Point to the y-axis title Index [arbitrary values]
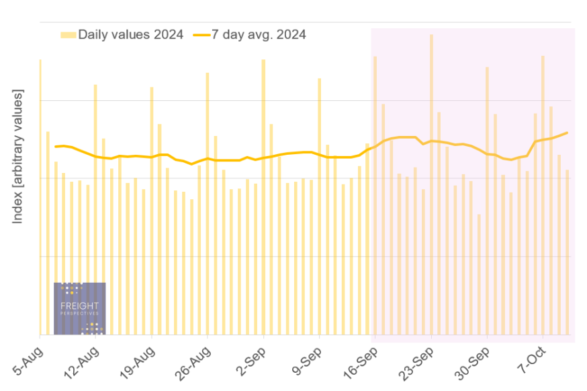(x=18, y=157)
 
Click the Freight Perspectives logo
(x=79, y=308)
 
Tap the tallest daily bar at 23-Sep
(x=431, y=182)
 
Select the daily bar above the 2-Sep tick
(x=263, y=195)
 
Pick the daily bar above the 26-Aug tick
(x=207, y=202)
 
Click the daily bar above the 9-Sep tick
(x=319, y=205)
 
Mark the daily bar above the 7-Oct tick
(x=543, y=195)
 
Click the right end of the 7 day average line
(x=568, y=133)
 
